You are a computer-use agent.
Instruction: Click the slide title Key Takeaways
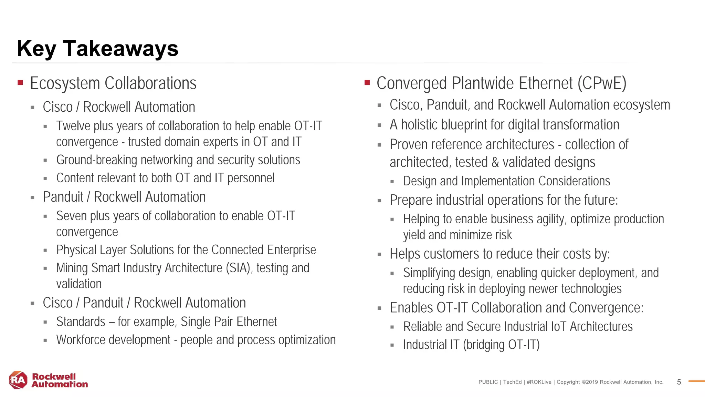coord(97,48)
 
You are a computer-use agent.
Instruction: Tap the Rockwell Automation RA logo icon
coord(18,380)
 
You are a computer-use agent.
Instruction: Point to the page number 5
coord(679,382)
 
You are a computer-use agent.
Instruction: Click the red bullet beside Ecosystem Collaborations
coord(20,83)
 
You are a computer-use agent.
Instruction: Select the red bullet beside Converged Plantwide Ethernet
coord(367,83)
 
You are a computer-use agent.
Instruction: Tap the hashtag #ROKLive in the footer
coord(539,382)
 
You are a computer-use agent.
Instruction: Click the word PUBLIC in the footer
coord(488,382)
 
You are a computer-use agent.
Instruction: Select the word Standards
coord(81,322)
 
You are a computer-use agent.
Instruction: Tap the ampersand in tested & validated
coord(495,162)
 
